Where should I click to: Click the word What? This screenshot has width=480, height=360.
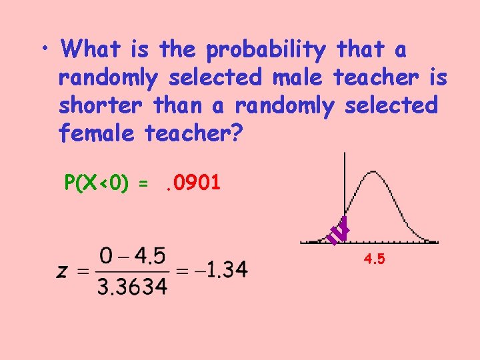click(x=89, y=49)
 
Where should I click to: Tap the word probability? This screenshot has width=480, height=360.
click(x=266, y=50)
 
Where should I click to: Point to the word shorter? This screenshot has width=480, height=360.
click(x=101, y=106)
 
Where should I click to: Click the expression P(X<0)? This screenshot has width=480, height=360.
click(x=97, y=182)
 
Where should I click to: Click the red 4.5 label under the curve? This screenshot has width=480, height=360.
click(x=374, y=259)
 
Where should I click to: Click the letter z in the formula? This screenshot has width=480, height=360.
click(x=62, y=271)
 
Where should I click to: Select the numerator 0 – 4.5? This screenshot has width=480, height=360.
click(x=133, y=256)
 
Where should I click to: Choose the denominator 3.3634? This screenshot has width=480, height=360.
click(x=133, y=286)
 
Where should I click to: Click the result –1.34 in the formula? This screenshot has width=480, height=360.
click(x=219, y=270)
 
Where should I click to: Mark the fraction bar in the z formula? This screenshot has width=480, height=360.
click(x=133, y=271)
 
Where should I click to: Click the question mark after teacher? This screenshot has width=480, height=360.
click(x=240, y=134)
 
